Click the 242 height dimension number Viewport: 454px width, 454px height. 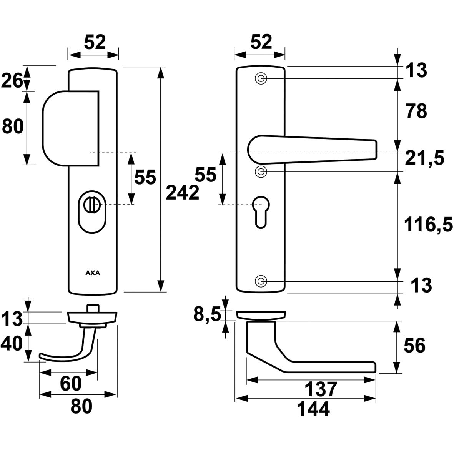183,193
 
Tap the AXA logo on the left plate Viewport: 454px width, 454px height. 93,273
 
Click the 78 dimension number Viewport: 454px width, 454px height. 416,111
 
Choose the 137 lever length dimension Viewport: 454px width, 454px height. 321,389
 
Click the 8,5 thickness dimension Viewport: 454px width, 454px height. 207,315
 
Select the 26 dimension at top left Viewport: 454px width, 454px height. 12,81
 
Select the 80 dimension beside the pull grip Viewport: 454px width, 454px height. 13,126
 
